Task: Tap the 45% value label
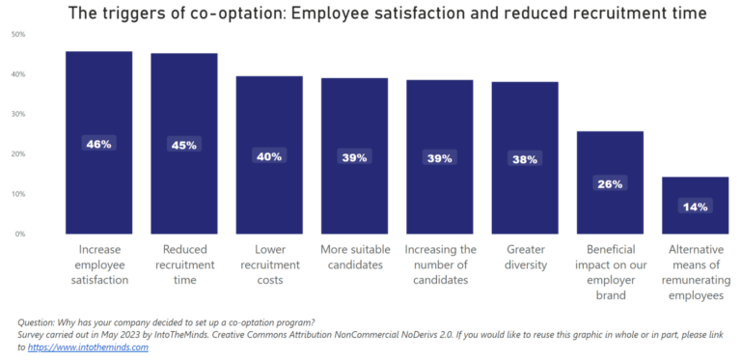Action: pyautogui.click(x=184, y=145)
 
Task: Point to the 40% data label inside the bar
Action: pyautogui.click(x=269, y=155)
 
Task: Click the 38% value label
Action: pyautogui.click(x=525, y=159)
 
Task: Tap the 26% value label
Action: pyautogui.click(x=610, y=183)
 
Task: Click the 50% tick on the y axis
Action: pyautogui.click(x=18, y=34)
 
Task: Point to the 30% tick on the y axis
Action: pyautogui.click(x=18, y=114)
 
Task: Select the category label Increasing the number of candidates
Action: pyautogui.click(x=440, y=264)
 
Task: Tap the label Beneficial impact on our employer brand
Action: pyautogui.click(x=610, y=272)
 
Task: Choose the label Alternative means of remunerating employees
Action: pyautogui.click(x=695, y=272)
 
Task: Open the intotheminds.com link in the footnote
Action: pyautogui.click(x=89, y=347)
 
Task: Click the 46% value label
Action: pyautogui.click(x=98, y=144)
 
